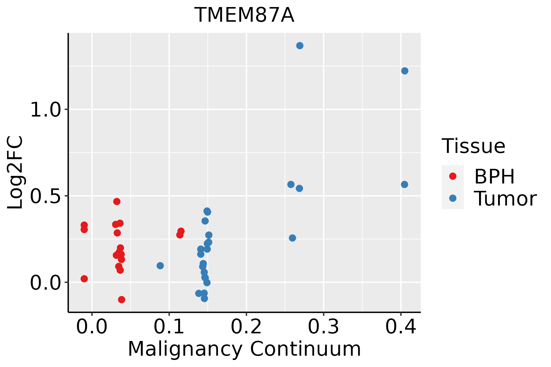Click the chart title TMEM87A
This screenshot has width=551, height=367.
tap(244, 15)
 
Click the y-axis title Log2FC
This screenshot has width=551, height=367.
tap(15, 172)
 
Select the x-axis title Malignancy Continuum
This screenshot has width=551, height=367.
tap(244, 349)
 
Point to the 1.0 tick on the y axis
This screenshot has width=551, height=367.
tap(46, 110)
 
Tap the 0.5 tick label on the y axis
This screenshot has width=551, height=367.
tap(46, 196)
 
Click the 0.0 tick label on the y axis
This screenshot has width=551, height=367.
tap(46, 283)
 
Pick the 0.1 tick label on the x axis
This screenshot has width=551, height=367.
tap(169, 327)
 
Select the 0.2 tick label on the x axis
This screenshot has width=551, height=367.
tap(246, 327)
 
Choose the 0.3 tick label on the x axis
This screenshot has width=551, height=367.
tap(323, 327)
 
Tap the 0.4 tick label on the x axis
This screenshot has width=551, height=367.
tap(400, 327)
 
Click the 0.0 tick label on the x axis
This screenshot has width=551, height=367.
tap(92, 327)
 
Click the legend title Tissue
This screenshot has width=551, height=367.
tap(474, 146)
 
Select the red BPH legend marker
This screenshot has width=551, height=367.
tap(452, 176)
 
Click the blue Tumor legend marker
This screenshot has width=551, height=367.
tap(452, 198)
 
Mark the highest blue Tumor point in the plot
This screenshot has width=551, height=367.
tap(300, 46)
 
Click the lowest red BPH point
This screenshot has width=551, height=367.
tap(122, 299)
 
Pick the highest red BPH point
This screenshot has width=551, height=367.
tap(117, 201)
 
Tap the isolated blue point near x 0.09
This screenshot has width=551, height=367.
tap(160, 265)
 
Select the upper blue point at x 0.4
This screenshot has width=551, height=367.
tap(405, 71)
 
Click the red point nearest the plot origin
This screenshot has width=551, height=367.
tap(84, 279)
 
